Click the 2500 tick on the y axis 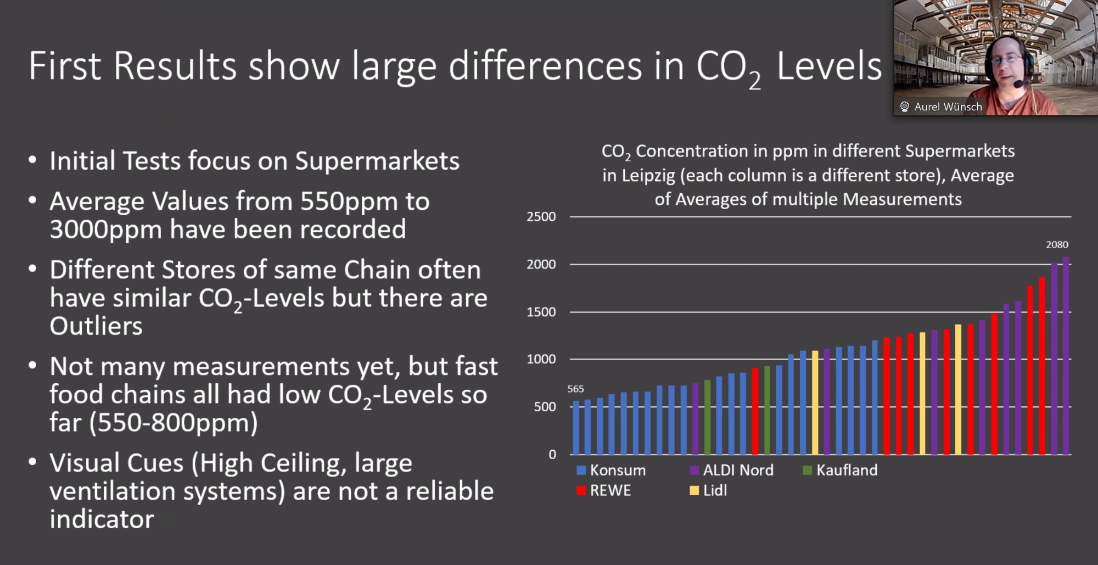541,217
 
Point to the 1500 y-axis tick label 541,312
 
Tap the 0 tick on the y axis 552,454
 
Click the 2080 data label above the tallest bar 1057,245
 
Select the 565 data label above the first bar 575,389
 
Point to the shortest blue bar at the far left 576,428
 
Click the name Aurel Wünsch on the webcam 948,107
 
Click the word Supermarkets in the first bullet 377,161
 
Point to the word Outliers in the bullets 96,326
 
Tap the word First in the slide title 65,66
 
